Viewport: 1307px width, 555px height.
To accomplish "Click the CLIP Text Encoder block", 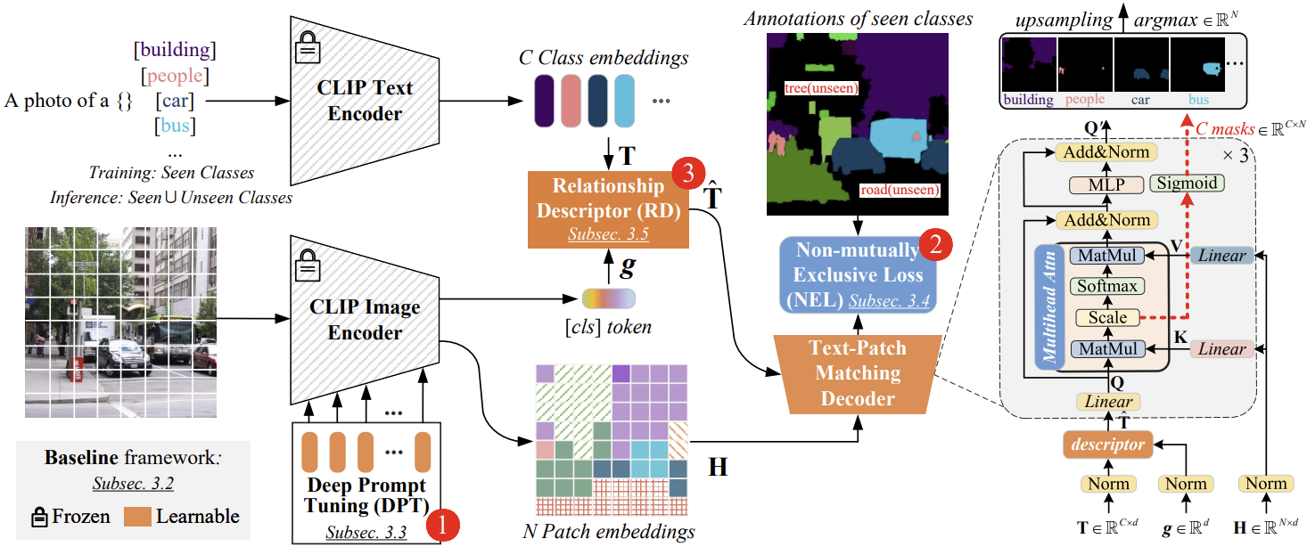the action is [x=365, y=101].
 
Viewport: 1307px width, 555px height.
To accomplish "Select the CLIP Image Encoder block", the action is [x=365, y=320].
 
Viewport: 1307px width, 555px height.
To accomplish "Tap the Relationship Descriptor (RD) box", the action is [x=608, y=210].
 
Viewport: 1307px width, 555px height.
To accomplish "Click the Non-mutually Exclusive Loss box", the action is [x=858, y=274].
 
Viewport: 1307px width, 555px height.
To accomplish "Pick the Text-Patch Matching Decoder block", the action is [x=858, y=373].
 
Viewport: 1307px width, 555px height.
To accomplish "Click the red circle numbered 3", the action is [x=688, y=173].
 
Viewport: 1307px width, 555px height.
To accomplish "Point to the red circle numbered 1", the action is [x=442, y=526].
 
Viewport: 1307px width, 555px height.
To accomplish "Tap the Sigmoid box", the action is [x=1187, y=183].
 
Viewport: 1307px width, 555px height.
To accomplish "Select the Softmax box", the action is [x=1107, y=286].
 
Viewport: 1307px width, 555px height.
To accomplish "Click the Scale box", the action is [x=1107, y=318].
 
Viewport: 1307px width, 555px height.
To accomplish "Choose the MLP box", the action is [x=1106, y=184].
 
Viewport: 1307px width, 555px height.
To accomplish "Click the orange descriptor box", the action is [x=1107, y=445].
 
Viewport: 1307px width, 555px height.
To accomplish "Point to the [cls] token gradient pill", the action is [x=609, y=298].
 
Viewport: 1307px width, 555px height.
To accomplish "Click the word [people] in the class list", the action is [x=175, y=76].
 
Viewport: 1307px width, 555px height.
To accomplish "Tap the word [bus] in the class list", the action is [x=175, y=126].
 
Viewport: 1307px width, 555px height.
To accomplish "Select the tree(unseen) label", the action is [x=821, y=88].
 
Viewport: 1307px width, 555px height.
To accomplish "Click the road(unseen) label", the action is [x=900, y=190].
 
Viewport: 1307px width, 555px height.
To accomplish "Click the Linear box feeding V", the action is [x=1221, y=256].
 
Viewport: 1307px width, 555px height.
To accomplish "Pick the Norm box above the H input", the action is [x=1266, y=484].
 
